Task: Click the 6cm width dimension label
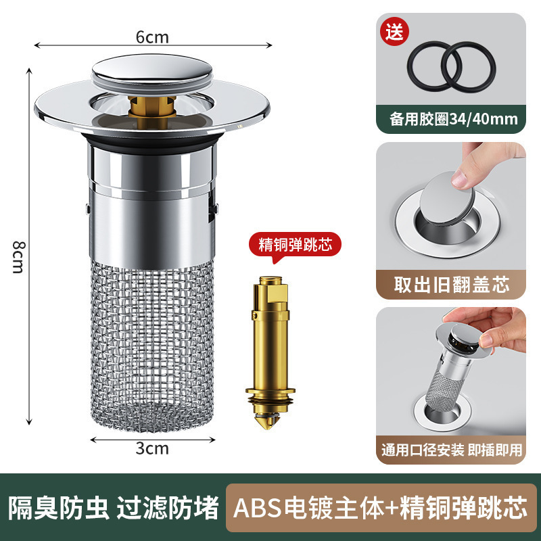tap(152, 37)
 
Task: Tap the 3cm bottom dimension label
tap(152, 448)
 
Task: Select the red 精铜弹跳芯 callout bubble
tap(296, 244)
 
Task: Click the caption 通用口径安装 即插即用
tap(451, 450)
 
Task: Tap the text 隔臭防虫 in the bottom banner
tap(59, 507)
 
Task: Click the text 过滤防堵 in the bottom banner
tap(168, 507)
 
